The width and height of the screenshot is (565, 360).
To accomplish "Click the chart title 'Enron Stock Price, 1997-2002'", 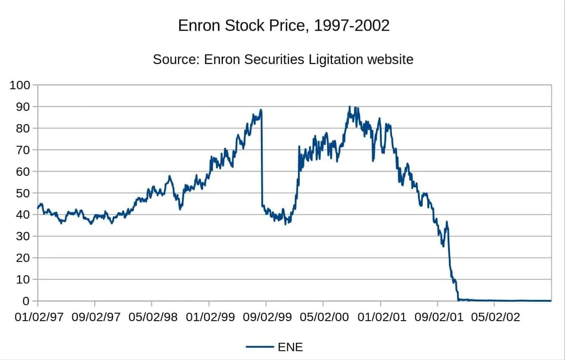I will [283, 26].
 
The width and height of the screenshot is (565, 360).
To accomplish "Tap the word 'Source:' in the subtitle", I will [176, 59].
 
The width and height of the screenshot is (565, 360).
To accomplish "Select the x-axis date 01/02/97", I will [38, 318].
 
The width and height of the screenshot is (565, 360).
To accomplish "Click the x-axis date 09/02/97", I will [95, 318].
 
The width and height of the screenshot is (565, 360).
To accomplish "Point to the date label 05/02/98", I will [152, 318].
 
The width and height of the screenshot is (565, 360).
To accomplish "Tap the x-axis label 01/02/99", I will [209, 318].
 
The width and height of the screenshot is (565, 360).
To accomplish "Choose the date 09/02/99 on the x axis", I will [266, 318].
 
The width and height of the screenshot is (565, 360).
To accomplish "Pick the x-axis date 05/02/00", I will [323, 318].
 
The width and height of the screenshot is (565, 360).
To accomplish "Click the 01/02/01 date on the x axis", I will [380, 318].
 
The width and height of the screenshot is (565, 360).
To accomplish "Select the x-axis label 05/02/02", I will [494, 318].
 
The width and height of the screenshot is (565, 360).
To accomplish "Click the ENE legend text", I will [290, 347].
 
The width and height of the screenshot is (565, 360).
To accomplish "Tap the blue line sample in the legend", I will [260, 347].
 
